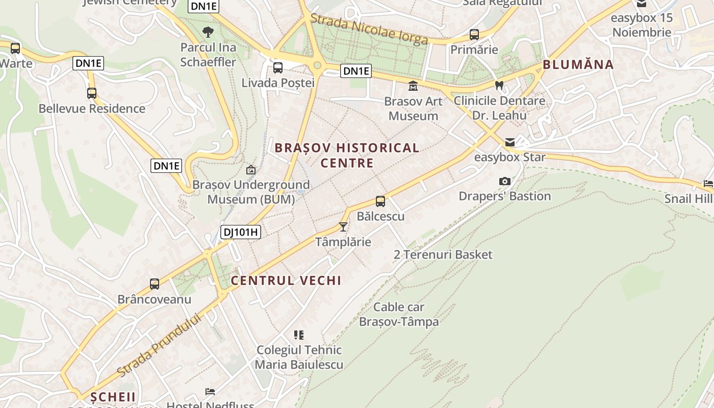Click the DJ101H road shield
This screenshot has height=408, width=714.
(x=241, y=233)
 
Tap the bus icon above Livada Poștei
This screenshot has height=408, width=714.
(x=278, y=67)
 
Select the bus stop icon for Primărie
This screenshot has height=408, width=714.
(x=474, y=35)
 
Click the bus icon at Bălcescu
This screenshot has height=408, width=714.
(x=380, y=201)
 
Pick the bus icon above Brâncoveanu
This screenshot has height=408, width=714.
(x=155, y=284)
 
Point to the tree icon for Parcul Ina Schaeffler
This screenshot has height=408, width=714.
(x=208, y=32)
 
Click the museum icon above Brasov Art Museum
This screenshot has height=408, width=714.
(x=413, y=86)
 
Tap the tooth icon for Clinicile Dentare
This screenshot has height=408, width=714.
(x=499, y=86)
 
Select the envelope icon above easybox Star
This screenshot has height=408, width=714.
(x=510, y=142)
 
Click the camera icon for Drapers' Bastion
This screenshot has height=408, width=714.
(x=505, y=181)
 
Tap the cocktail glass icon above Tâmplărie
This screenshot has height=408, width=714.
(x=343, y=226)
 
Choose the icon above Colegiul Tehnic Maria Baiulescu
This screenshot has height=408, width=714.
(x=299, y=335)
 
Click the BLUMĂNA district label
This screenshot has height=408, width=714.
(x=578, y=65)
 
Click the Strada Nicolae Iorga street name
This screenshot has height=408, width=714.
(x=369, y=29)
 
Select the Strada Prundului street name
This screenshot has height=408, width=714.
(x=159, y=346)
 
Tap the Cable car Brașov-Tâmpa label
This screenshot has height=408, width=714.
(x=399, y=314)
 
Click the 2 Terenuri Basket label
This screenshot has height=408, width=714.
(x=443, y=254)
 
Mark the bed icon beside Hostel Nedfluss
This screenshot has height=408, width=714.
(x=210, y=392)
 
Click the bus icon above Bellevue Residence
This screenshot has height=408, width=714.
(x=92, y=93)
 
